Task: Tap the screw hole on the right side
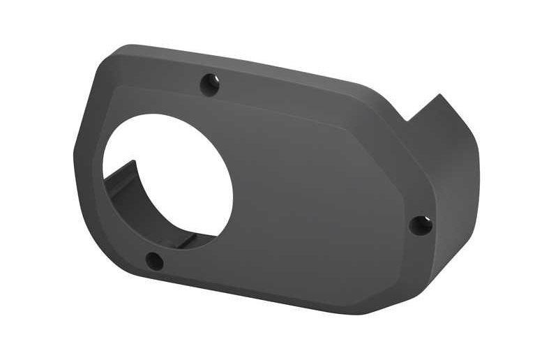(421, 225)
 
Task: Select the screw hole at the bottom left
(153, 262)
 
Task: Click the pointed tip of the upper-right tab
(439, 96)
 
